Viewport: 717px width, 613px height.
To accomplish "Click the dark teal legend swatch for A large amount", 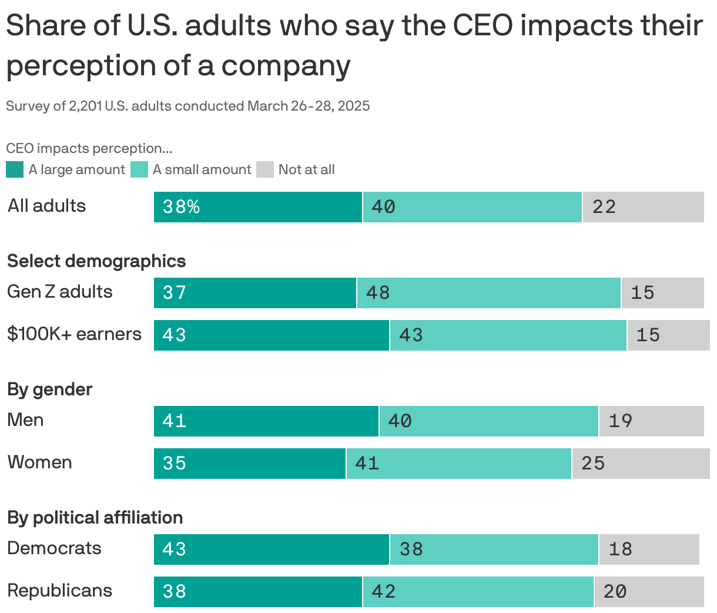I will pos(15,169).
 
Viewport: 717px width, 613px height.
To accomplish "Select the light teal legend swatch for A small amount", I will pos(139,169).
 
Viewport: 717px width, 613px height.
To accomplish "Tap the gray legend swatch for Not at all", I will pos(265,169).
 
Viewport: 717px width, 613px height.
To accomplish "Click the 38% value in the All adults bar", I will pos(181,206).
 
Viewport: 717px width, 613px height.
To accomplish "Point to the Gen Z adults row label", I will pos(59,292).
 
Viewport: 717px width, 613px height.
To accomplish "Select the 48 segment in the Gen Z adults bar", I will pos(488,293).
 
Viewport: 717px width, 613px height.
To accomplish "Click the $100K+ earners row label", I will pos(74,334).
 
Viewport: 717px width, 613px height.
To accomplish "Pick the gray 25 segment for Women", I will pos(640,464).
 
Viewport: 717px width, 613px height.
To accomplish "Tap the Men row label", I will pos(25,420).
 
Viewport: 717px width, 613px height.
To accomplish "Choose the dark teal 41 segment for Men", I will pos(266,421).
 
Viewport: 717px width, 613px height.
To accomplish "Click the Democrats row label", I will pos(54,548).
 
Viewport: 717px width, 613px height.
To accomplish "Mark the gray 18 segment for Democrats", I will pos(649,549).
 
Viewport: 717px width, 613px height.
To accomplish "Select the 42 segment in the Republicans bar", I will pos(478,592).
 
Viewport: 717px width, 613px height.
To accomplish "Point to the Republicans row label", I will pos(59,591).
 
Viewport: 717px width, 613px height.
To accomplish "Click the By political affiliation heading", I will pos(95,518).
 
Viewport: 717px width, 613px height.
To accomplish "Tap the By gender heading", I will pos(49,389).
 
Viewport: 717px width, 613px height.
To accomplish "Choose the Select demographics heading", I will pos(96,261).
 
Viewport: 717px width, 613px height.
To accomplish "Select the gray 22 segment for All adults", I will pos(643,207).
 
